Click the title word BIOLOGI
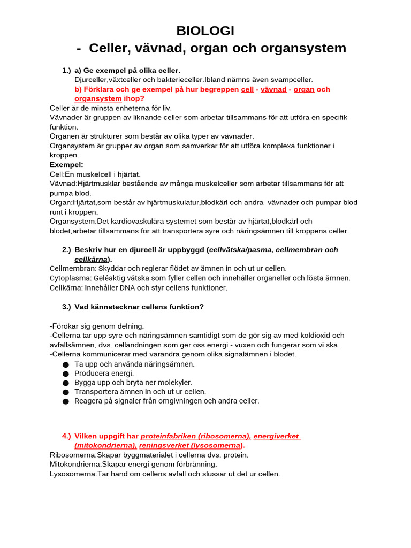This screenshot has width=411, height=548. [205, 31]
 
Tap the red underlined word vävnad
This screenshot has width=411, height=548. [273, 89]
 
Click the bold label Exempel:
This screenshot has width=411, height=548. [66, 164]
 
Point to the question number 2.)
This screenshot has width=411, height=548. [66, 249]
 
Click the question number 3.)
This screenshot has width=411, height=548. [66, 307]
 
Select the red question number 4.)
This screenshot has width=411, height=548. [66, 436]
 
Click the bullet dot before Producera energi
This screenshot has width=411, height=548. [66, 374]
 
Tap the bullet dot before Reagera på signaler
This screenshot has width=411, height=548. [66, 401]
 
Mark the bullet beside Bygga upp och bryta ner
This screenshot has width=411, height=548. [66, 383]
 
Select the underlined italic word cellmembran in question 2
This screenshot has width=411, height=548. [299, 249]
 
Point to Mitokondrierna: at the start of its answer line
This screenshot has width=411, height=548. [75, 465]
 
